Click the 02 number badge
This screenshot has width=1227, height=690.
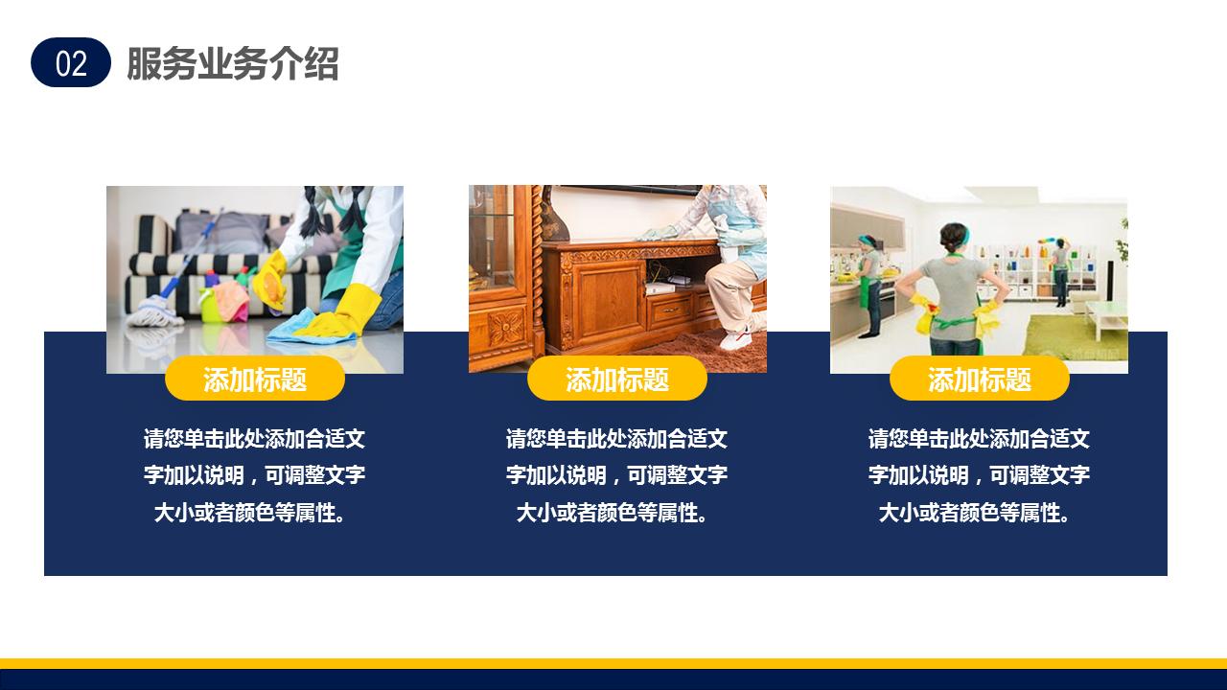[x=71, y=63]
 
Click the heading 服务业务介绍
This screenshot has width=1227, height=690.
[x=232, y=64]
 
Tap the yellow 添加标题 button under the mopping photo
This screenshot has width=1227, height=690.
[x=254, y=379]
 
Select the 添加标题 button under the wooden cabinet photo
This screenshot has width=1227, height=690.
[x=616, y=379]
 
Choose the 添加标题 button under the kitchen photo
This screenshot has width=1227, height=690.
[x=979, y=379]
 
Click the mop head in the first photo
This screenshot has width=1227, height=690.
[x=153, y=311]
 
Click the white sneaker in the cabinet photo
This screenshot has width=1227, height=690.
[x=736, y=339]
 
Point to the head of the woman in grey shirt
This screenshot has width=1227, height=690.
[x=954, y=236]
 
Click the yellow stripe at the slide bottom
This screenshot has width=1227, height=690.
[x=613, y=663]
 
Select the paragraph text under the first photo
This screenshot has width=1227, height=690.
[x=254, y=475]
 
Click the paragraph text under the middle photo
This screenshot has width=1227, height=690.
[x=616, y=475]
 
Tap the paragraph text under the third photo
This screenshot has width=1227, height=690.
[x=979, y=475]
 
